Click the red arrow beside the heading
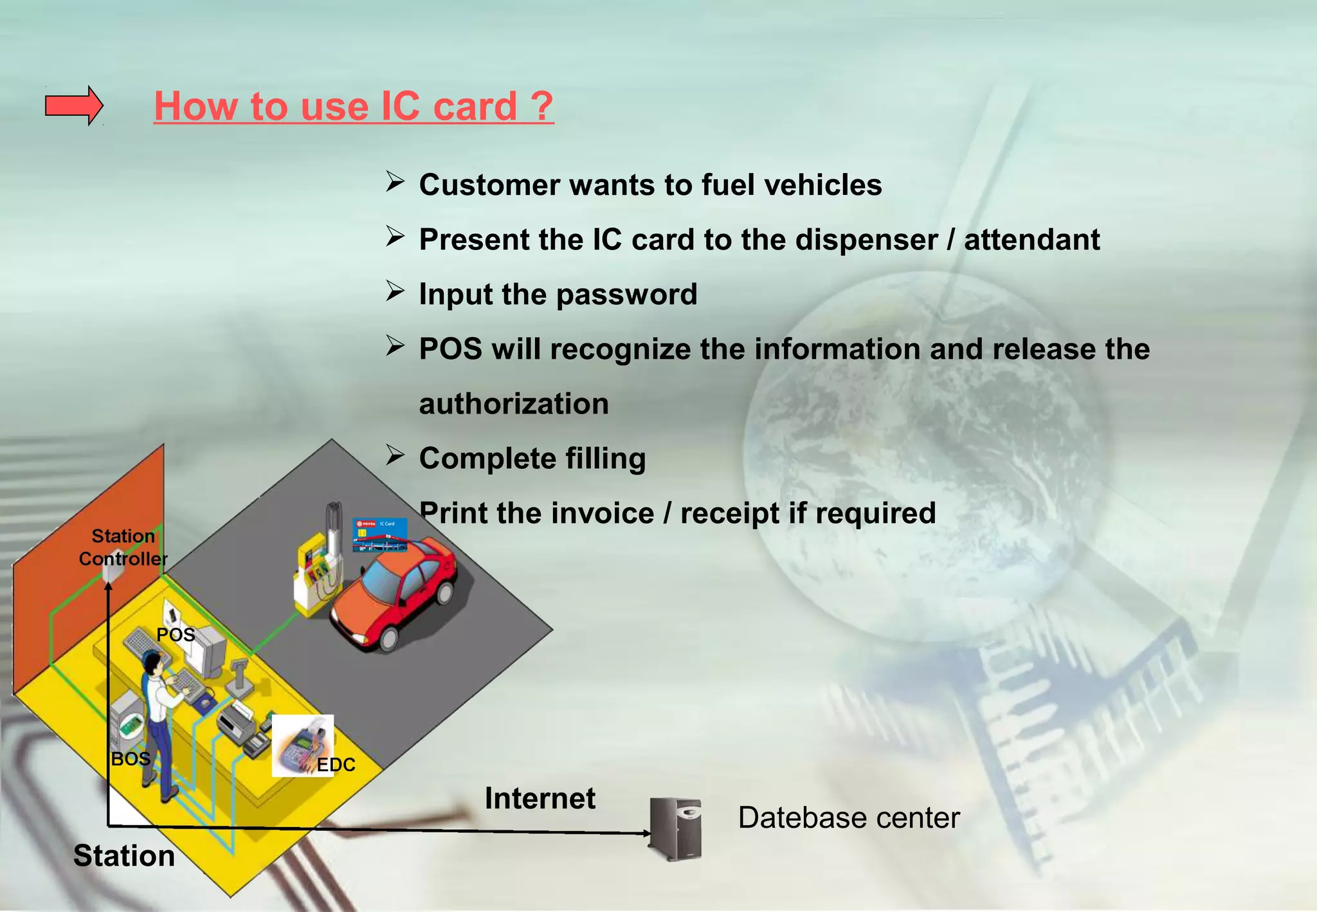(73, 105)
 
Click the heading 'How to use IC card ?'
(353, 106)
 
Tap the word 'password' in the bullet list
(626, 295)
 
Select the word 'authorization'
(513, 404)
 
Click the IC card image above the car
(379, 534)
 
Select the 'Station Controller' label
(123, 547)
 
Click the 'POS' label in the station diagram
(176, 635)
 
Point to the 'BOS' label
(131, 759)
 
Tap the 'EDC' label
(336, 765)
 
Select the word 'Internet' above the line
(540, 798)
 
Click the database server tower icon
(676, 828)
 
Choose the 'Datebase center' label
(848, 818)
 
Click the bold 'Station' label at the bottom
(124, 856)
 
